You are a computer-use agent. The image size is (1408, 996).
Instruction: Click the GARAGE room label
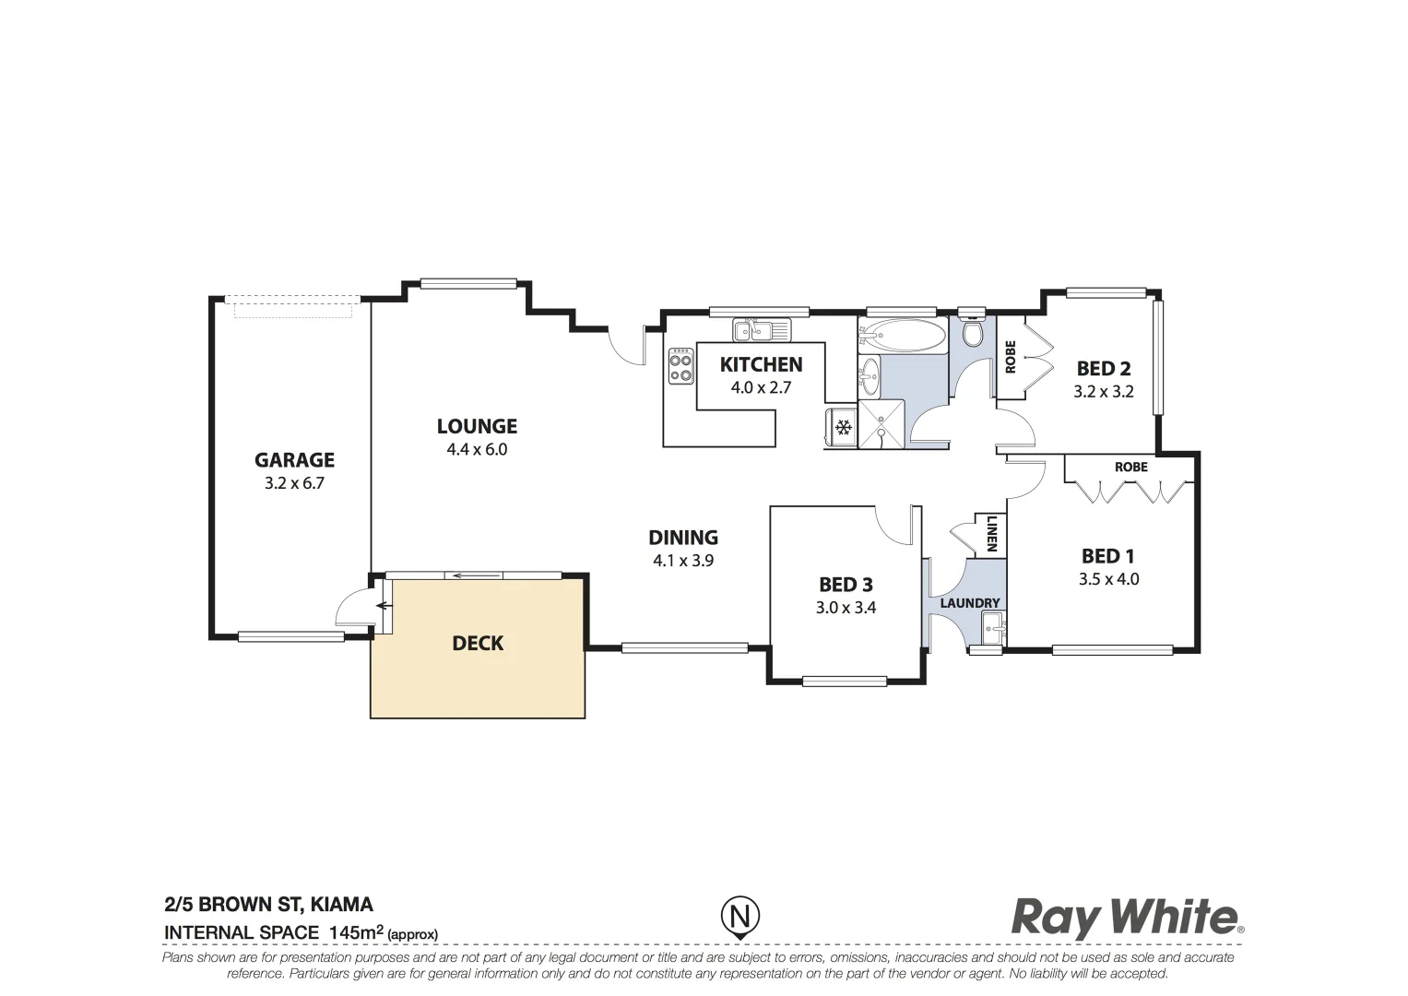coord(294,460)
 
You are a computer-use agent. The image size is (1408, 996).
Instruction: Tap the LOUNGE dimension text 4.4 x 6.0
coord(477,450)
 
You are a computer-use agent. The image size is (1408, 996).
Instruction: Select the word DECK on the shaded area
coord(478,643)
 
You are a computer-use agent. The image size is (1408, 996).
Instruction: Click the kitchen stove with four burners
coord(681,364)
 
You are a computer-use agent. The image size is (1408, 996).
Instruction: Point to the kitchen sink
coord(761,328)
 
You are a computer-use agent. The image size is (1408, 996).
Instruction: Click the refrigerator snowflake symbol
coord(842,427)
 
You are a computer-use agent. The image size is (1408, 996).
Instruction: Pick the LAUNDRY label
coord(969,603)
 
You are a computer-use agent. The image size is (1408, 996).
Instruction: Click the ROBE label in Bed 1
coord(1130,467)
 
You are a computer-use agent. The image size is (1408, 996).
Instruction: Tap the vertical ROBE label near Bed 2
coord(1011,357)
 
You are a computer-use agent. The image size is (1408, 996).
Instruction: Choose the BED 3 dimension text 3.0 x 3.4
coord(846,607)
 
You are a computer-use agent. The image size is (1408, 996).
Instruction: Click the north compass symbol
coord(739,917)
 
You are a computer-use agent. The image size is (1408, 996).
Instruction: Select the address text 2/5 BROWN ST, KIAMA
coord(268,905)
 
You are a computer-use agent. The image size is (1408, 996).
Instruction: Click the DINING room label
coord(682,538)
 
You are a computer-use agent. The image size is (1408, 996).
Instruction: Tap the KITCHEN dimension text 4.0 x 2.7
coord(761,387)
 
